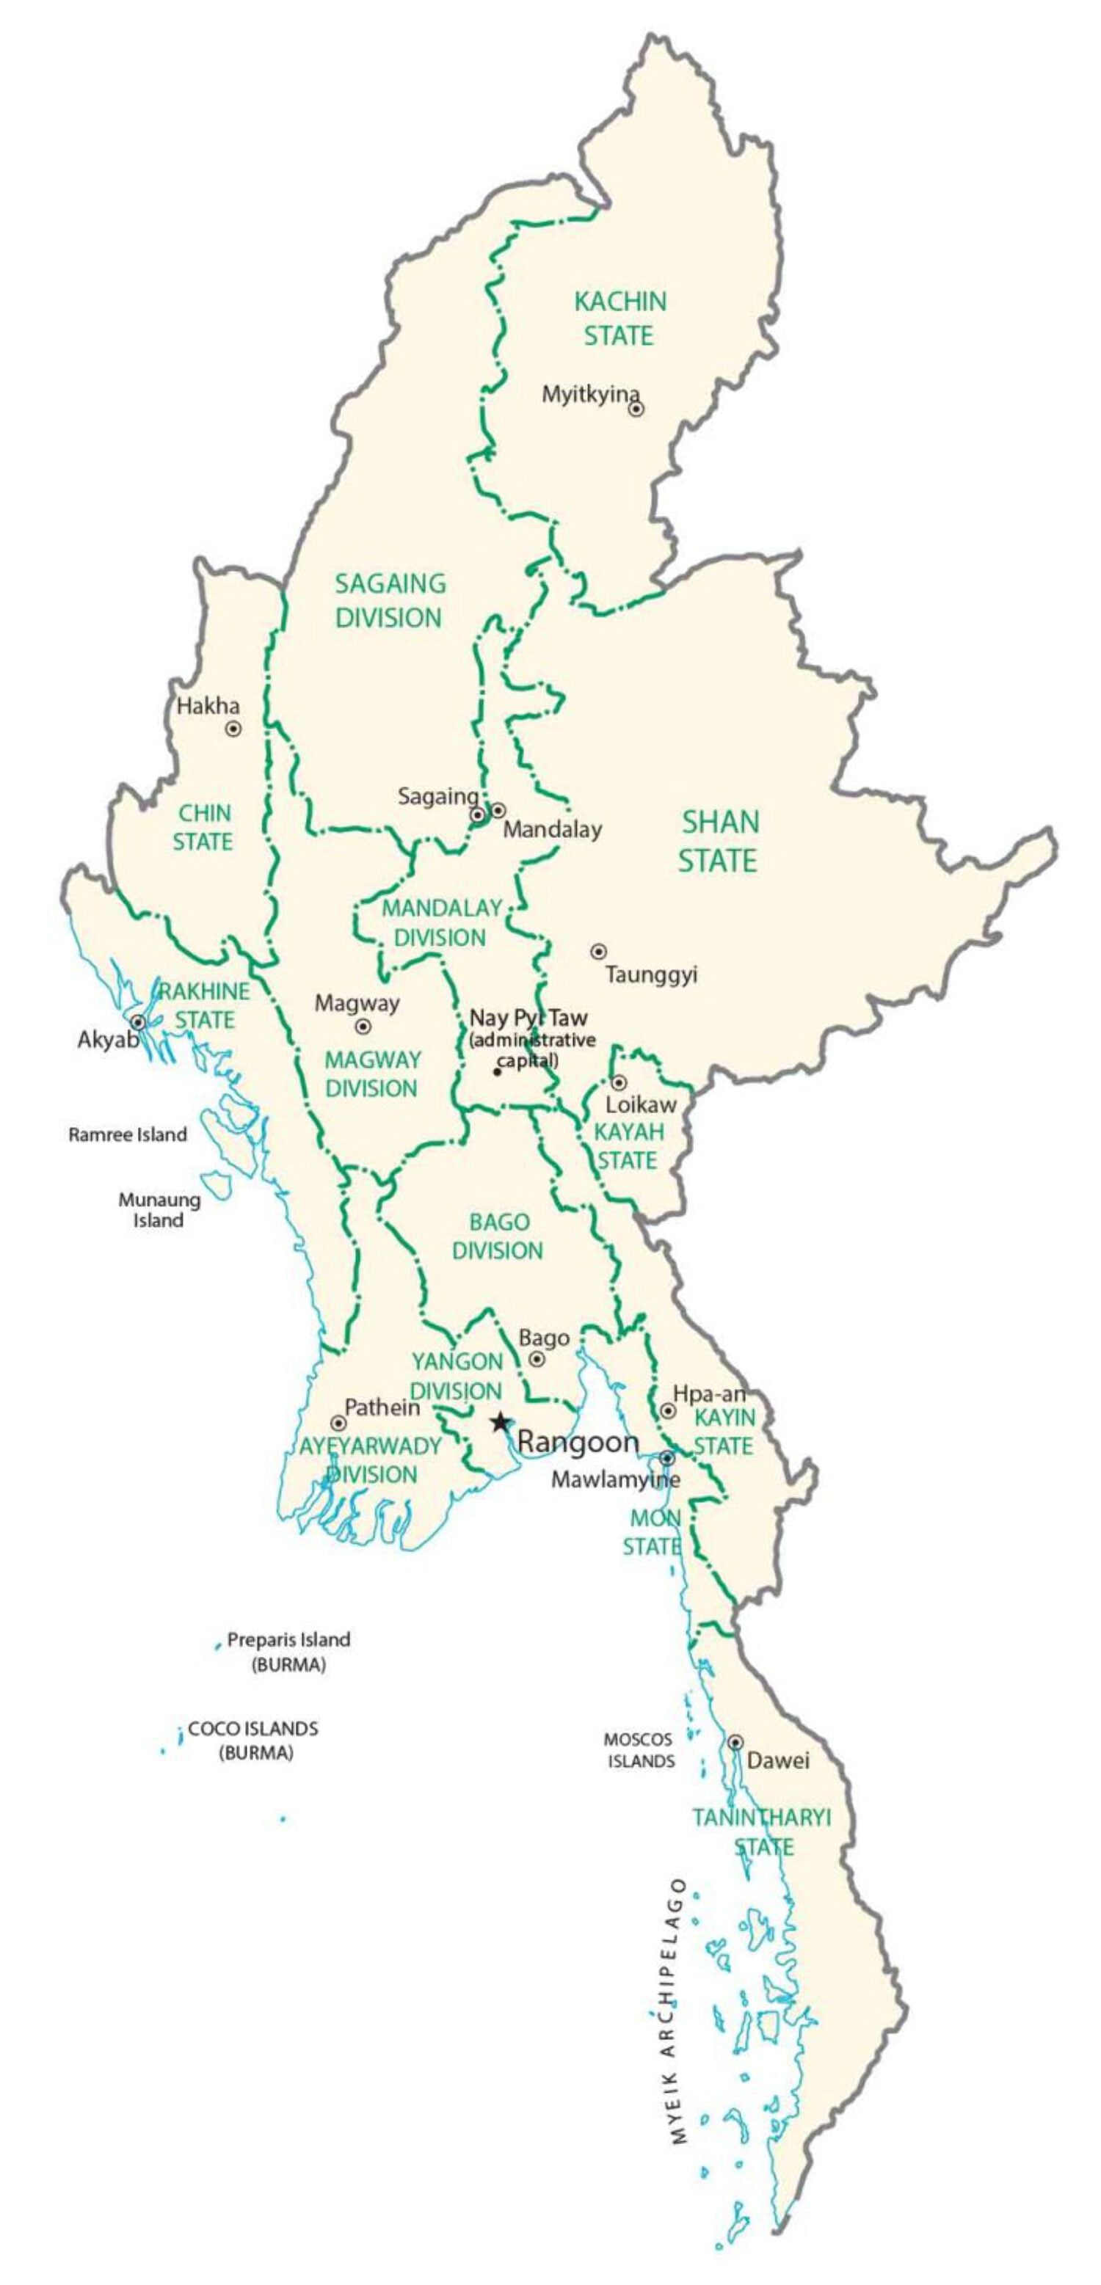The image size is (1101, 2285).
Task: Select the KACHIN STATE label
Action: [x=619, y=318]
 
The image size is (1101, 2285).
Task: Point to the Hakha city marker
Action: [x=233, y=729]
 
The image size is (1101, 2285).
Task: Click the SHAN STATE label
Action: [x=719, y=841]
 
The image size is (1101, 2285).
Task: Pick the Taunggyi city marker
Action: [x=599, y=951]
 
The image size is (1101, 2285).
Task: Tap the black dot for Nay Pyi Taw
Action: [x=497, y=1071]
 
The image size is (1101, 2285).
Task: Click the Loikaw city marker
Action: [x=618, y=1082]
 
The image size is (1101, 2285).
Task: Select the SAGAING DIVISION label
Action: [x=390, y=600]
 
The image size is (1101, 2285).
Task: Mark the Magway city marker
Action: [x=363, y=1027]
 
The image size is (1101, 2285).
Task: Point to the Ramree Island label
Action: [x=128, y=1134]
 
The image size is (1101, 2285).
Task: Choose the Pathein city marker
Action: [x=338, y=1423]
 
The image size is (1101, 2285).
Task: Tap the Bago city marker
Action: [x=537, y=1359]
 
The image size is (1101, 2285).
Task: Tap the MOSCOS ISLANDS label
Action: [x=639, y=1750]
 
